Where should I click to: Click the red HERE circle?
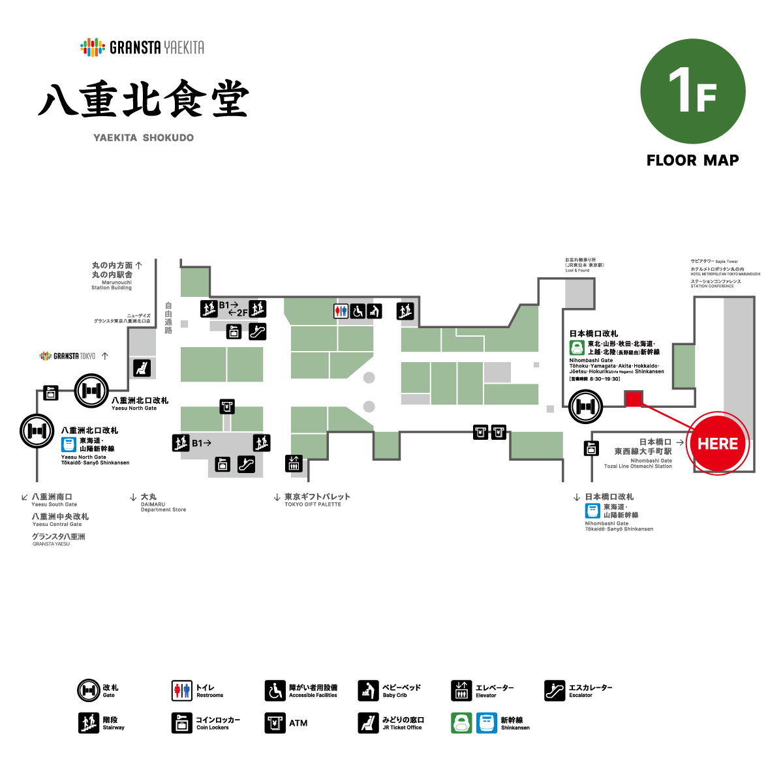tap(718, 444)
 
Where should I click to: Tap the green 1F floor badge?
tap(693, 91)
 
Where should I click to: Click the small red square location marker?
tap(634, 399)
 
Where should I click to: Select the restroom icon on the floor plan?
tap(341, 311)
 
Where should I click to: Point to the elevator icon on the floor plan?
tap(294, 463)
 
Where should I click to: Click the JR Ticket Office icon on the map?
tap(142, 368)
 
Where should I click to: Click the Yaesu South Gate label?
tap(52, 500)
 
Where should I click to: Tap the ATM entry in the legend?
tap(287, 723)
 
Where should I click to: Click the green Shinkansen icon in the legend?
tap(461, 723)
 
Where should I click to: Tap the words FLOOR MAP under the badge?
tap(693, 161)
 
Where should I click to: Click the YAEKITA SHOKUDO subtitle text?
tap(144, 138)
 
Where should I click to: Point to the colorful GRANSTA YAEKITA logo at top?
tap(142, 47)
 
